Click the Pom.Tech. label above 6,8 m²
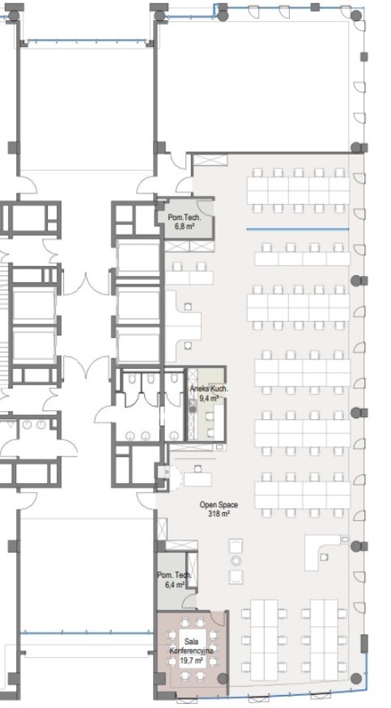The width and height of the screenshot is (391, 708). click(x=185, y=217)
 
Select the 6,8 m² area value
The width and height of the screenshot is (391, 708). click(x=185, y=225)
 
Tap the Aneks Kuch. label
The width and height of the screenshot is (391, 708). click(x=209, y=389)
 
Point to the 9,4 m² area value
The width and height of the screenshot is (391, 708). click(x=209, y=398)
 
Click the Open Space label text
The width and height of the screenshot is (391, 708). click(x=219, y=505)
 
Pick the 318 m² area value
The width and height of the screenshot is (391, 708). click(x=219, y=513)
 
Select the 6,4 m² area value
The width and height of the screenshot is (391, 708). click(x=175, y=584)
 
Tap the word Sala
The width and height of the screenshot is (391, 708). click(x=191, y=642)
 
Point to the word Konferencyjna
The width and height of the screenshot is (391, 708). click(x=191, y=651)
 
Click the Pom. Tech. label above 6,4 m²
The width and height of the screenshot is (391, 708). click(x=175, y=574)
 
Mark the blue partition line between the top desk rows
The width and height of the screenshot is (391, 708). click(x=298, y=229)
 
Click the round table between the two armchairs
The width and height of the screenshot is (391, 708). click(x=236, y=562)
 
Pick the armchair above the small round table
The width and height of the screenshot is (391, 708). click(x=236, y=546)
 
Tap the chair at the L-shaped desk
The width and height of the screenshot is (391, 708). click(x=324, y=557)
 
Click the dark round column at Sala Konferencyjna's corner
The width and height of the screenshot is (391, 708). click(x=223, y=678)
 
